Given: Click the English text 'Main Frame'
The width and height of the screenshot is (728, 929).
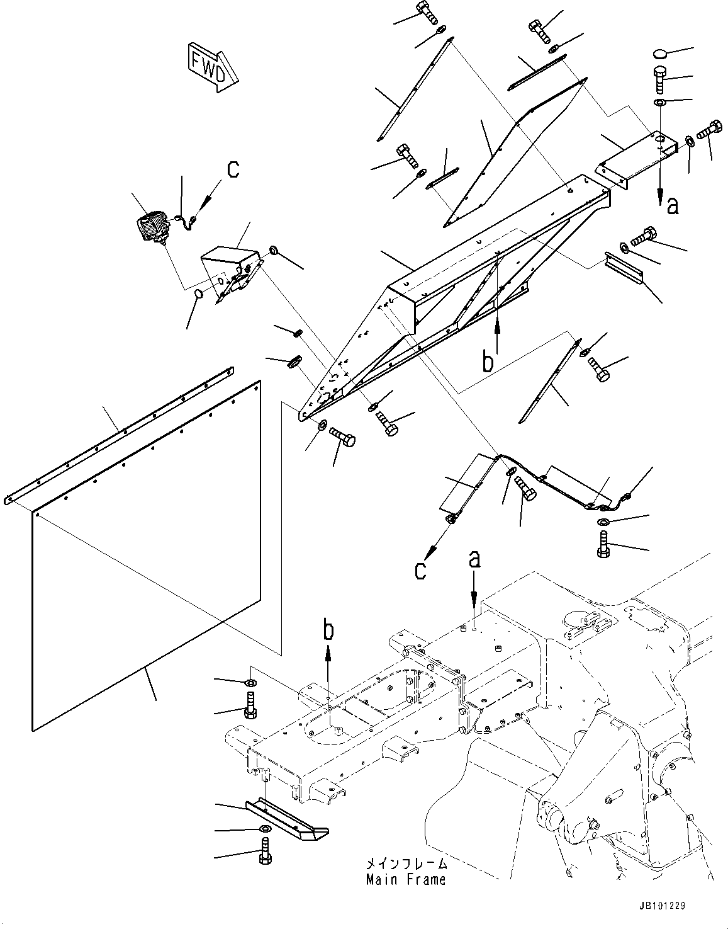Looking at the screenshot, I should pyautogui.click(x=406, y=879).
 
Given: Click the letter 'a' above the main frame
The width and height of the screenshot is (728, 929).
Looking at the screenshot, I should pyautogui.click(x=475, y=559).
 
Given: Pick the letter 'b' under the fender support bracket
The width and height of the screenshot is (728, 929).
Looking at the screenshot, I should pyautogui.click(x=488, y=363).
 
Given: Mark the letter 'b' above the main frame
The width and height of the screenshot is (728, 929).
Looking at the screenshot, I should pyautogui.click(x=328, y=629).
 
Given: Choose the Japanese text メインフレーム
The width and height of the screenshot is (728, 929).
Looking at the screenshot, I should pyautogui.click(x=406, y=863).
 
